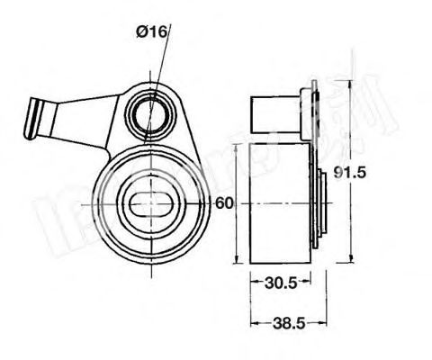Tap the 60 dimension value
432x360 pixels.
225,203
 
